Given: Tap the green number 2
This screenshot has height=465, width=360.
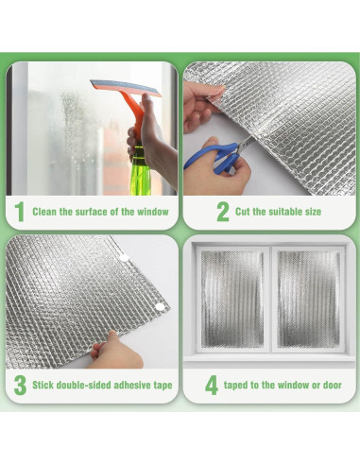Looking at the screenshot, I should click(223, 212).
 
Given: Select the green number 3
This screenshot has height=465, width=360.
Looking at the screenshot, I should click(19, 386).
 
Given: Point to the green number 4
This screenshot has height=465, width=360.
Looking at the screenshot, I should click(212, 386).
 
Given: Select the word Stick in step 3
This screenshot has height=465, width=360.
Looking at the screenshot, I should click(44, 386).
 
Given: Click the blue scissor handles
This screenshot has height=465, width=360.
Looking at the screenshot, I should click(209, 157).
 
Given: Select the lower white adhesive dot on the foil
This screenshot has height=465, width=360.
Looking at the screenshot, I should click(160, 306).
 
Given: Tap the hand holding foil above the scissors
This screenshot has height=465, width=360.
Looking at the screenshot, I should click(200, 101).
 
